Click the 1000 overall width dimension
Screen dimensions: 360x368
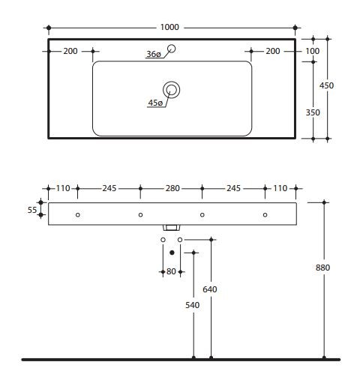click(169, 27)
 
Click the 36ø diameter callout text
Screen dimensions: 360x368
click(154, 54)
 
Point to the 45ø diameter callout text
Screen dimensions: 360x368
click(155, 103)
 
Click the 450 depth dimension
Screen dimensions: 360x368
click(326, 85)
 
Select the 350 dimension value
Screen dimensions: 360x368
click(313, 112)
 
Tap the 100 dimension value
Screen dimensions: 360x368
click(313, 51)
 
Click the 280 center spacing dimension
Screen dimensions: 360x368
click(172, 188)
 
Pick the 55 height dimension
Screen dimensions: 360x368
click(32, 210)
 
